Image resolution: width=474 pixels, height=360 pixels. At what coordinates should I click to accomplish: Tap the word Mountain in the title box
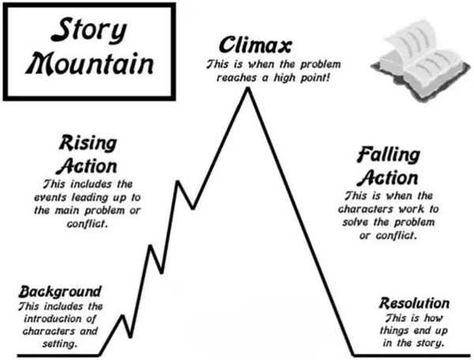tap(89, 64)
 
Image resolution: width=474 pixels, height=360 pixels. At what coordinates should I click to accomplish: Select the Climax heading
tap(255, 45)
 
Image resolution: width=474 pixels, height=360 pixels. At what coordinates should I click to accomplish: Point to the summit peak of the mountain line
tap(248, 88)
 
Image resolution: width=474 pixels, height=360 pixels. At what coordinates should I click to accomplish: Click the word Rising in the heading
tap(88, 144)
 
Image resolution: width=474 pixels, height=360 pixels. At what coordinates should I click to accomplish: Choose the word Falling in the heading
tap(388, 155)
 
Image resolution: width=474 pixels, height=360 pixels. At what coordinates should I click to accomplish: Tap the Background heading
tap(60, 292)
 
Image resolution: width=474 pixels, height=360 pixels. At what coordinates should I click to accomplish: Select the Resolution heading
tap(414, 303)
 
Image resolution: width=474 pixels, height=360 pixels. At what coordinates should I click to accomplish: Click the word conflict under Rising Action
tap(87, 223)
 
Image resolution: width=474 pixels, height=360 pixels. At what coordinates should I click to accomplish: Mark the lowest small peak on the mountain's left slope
tap(122, 316)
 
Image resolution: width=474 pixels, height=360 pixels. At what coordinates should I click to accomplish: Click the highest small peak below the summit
tap(178, 182)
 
